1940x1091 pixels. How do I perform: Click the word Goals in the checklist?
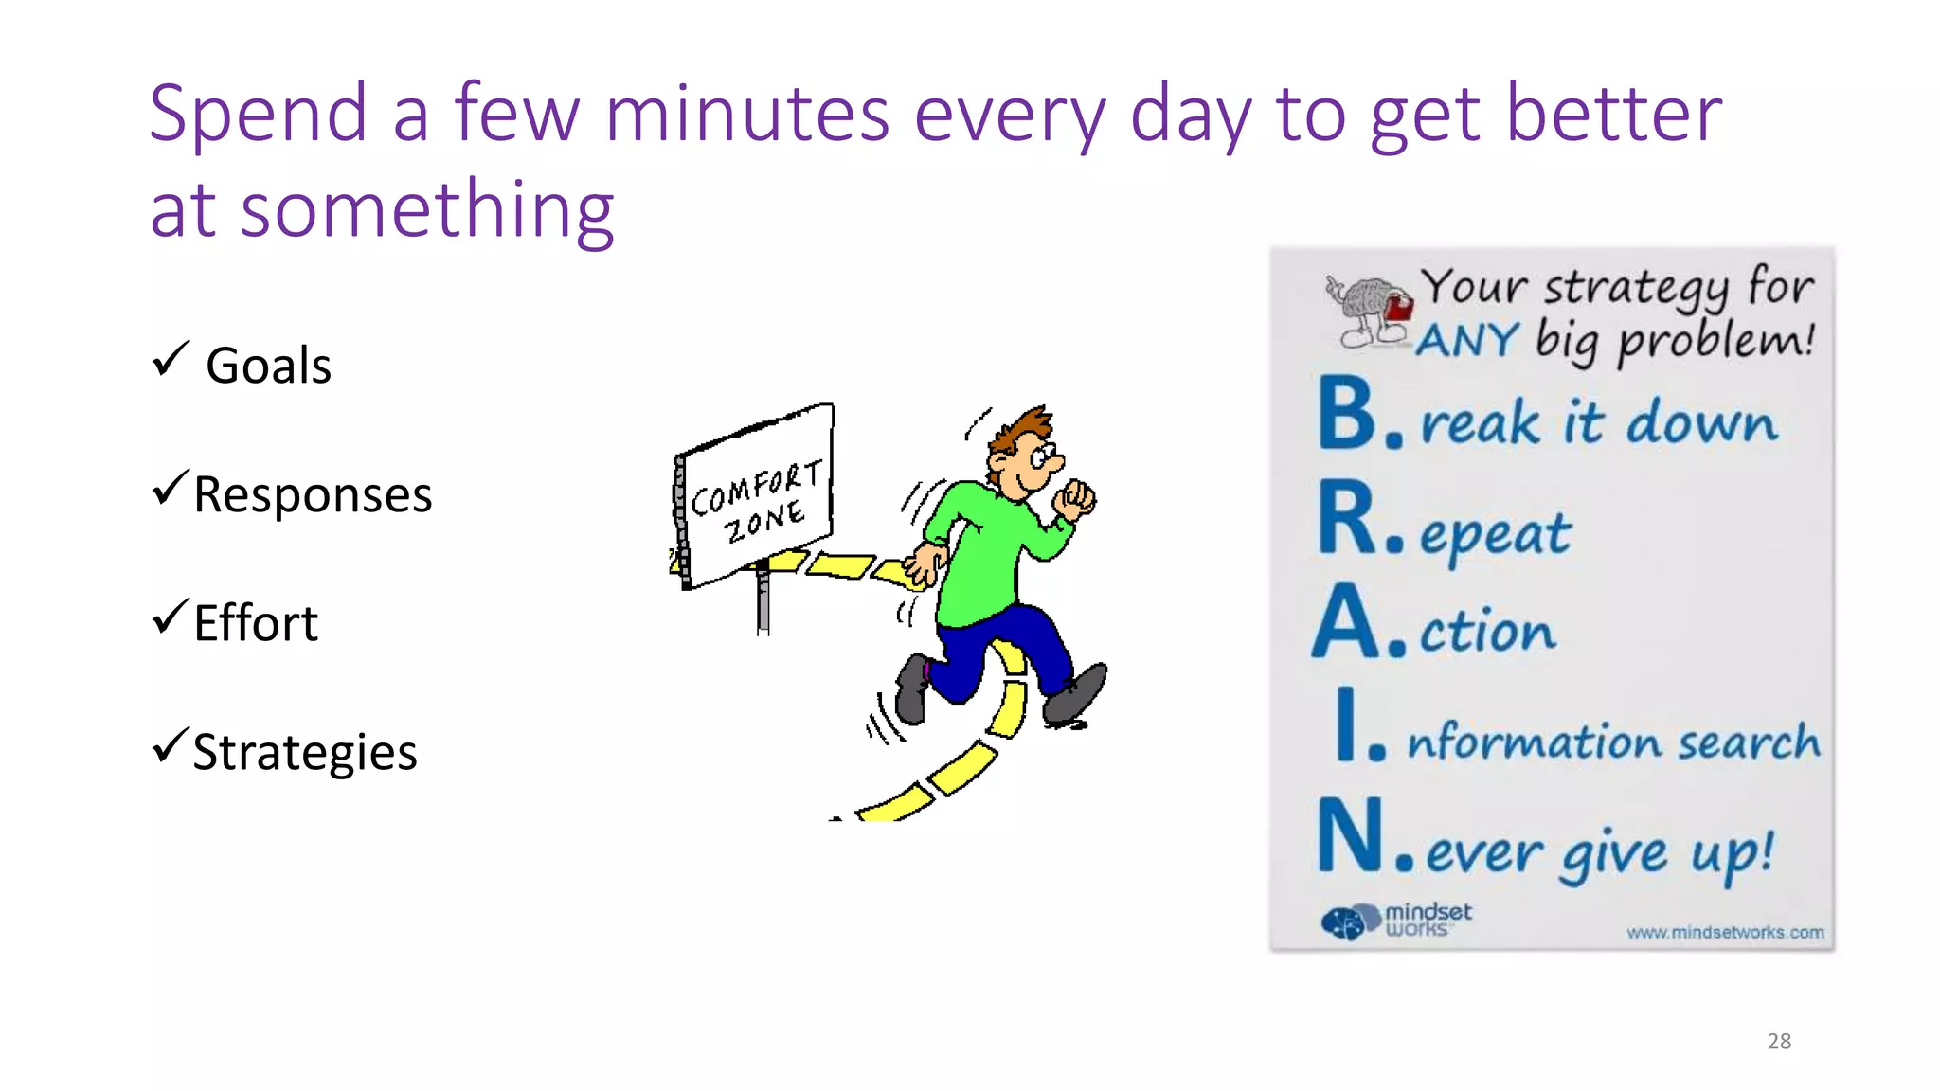(x=268, y=367)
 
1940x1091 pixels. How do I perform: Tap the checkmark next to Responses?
(x=171, y=489)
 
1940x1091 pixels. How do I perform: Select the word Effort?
(x=256, y=624)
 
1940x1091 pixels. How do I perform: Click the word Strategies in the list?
(x=304, y=753)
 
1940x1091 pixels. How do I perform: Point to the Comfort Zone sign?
(x=756, y=498)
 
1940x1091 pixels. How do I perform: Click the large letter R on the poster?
(x=1346, y=518)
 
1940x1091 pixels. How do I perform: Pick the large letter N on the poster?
(x=1350, y=835)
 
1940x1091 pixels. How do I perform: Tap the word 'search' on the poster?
(x=1749, y=742)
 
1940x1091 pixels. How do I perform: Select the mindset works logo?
(x=1396, y=920)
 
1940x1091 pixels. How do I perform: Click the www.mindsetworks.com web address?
(x=1725, y=933)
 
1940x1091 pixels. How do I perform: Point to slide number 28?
(x=1779, y=1042)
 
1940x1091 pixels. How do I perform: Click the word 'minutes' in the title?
(x=746, y=115)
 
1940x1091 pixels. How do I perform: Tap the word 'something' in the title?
(x=427, y=210)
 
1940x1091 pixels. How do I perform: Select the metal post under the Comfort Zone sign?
(x=763, y=601)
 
